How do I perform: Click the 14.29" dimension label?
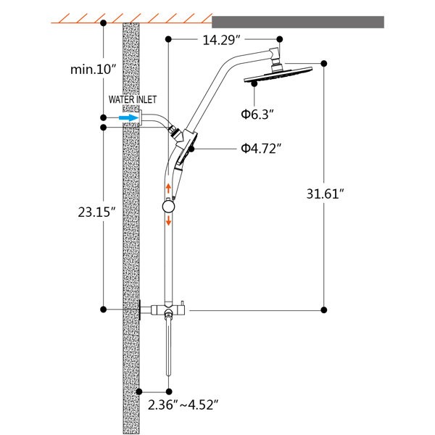[221, 40]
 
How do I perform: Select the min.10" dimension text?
[93, 70]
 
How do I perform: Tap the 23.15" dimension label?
[96, 212]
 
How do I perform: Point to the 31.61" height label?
[325, 194]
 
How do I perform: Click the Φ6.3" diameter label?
[257, 114]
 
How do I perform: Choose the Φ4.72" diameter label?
[261, 149]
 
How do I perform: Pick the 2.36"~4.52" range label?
[183, 405]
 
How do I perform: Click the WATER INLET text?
[133, 99]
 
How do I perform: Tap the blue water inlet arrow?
[128, 118]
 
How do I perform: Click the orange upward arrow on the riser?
[168, 188]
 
